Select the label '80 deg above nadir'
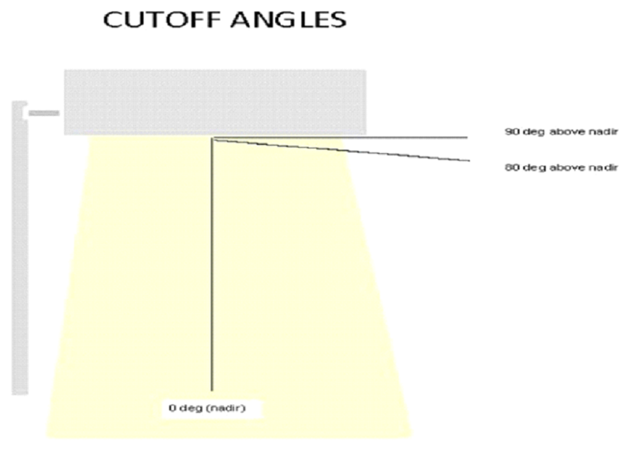561,167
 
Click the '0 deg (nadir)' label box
205,409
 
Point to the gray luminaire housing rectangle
214,102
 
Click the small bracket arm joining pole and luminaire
44,113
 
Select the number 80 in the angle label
511,167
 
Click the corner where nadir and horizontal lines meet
213,138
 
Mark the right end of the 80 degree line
469,160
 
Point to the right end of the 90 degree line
466,137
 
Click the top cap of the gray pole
20,103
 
